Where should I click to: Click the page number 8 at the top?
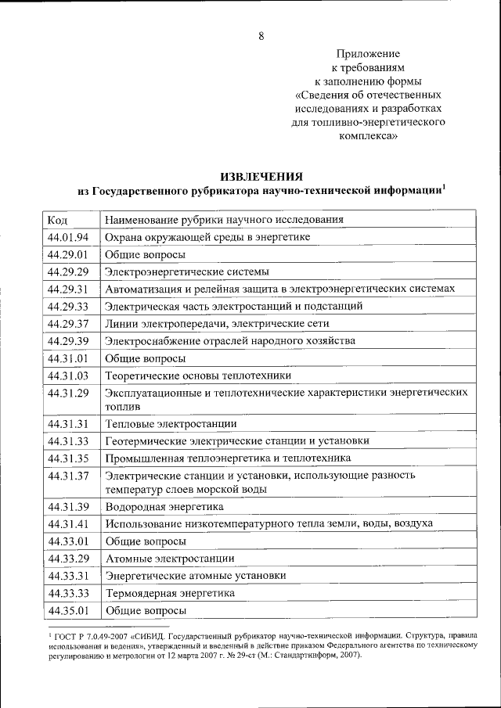[261, 36]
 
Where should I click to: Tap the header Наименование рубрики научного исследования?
[225, 220]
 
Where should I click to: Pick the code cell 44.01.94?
[68, 237]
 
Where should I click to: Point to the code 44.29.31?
[68, 289]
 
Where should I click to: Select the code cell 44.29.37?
[68, 323]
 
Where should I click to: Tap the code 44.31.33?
[68, 441]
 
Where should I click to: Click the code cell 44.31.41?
[68, 524]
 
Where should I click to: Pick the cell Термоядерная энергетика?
[171, 593]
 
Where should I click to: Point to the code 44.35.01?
[68, 610]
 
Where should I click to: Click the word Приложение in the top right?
[368, 54]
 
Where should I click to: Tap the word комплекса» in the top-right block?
[368, 136]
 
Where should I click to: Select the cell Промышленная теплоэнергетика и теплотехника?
[229, 458]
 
